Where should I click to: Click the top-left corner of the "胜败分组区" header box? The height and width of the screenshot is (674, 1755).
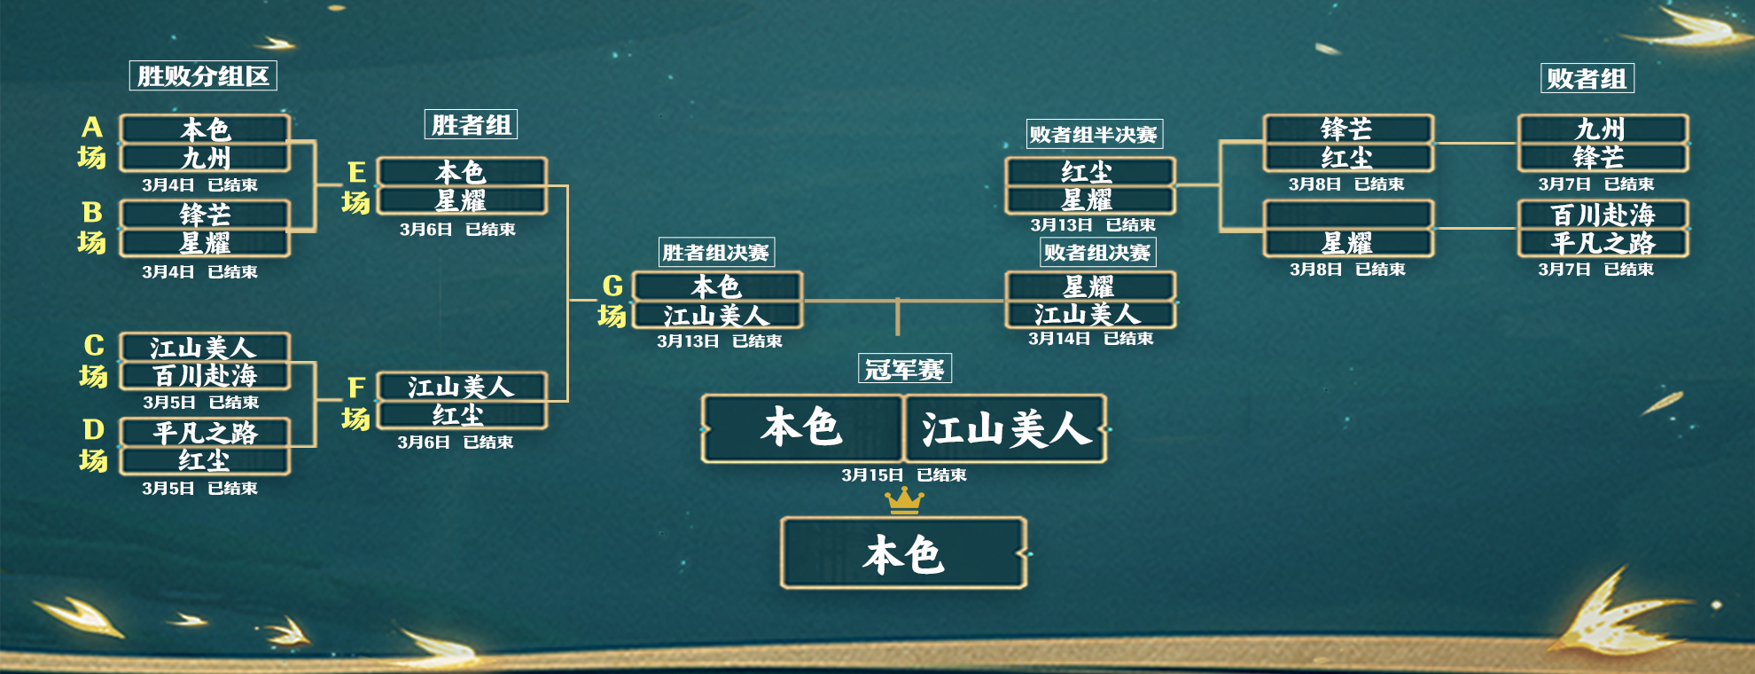click(130, 61)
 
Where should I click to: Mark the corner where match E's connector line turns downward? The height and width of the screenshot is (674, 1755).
click(567, 186)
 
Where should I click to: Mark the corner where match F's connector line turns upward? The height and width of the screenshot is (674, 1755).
click(567, 401)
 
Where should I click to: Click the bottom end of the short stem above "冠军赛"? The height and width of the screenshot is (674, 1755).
click(898, 334)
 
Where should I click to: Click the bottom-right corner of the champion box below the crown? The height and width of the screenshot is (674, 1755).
click(1026, 587)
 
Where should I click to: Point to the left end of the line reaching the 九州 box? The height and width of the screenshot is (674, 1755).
click(1434, 143)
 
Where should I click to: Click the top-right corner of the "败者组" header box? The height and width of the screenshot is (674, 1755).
click(1634, 64)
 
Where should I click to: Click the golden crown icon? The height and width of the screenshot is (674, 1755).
click(905, 501)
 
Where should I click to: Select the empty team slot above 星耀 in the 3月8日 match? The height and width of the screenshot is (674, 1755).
click(1347, 215)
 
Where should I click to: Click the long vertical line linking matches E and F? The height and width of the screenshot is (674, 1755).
click(567, 294)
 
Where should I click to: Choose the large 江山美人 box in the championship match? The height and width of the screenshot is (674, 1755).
click(1005, 429)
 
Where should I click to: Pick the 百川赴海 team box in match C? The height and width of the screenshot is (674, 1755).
click(205, 376)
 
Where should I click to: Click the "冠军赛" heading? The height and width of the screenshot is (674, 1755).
click(905, 369)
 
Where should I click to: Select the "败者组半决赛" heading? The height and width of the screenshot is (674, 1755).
click(1094, 135)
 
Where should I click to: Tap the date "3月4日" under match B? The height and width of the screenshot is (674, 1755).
click(168, 271)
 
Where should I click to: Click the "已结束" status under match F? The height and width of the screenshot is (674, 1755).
click(488, 442)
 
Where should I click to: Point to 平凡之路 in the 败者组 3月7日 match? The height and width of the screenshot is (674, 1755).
click(1603, 243)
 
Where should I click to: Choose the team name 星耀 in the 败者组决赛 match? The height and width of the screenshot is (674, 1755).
click(1088, 286)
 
